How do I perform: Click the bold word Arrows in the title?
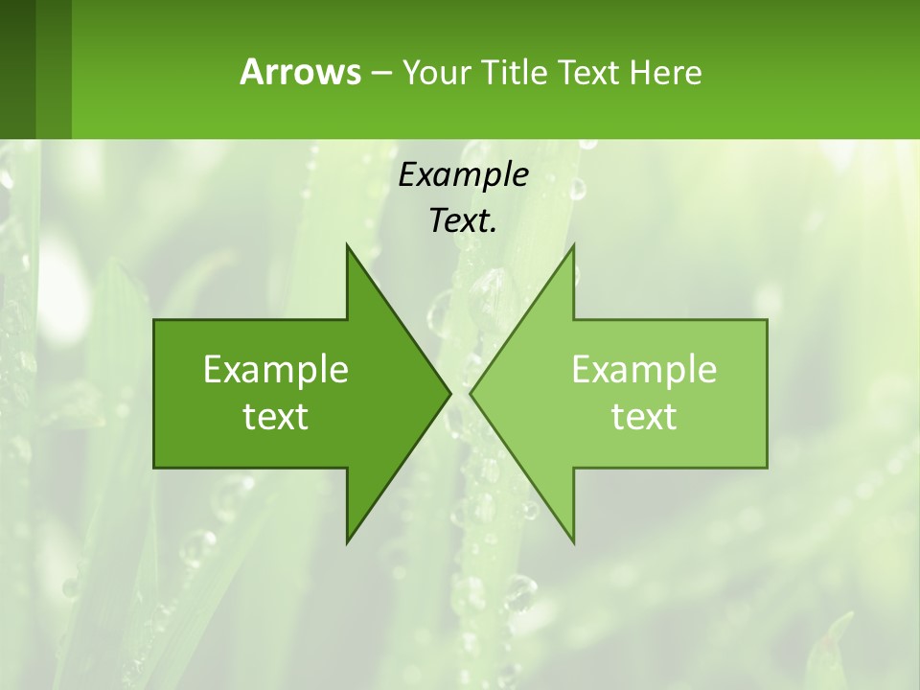pyautogui.click(x=299, y=72)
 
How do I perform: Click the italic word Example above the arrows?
pyautogui.click(x=463, y=174)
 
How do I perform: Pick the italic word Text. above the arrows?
pyautogui.click(x=463, y=221)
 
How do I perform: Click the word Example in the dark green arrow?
pyautogui.click(x=276, y=370)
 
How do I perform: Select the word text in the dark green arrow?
pyautogui.click(x=276, y=417)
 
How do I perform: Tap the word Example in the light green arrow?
pyautogui.click(x=644, y=370)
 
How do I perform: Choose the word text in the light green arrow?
pyautogui.click(x=644, y=417)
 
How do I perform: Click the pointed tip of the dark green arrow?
pyautogui.click(x=448, y=393)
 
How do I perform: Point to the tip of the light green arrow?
pyautogui.click(x=471, y=393)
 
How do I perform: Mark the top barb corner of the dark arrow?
pyautogui.click(x=347, y=245)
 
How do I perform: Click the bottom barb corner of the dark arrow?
pyautogui.click(x=347, y=541)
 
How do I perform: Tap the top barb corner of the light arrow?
pyautogui.click(x=573, y=245)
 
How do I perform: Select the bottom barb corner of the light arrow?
pyautogui.click(x=573, y=541)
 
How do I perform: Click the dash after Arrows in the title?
pyautogui.click(x=379, y=73)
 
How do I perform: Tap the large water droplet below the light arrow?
pyautogui.click(x=520, y=590)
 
